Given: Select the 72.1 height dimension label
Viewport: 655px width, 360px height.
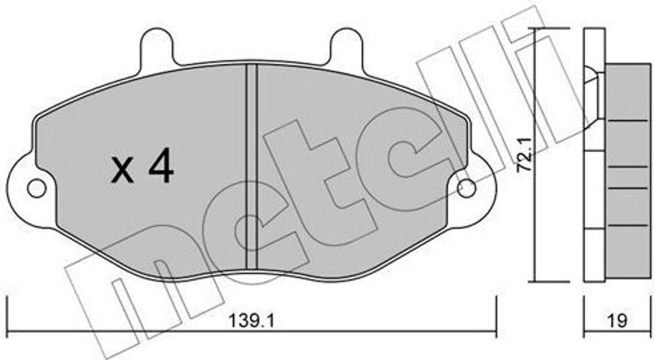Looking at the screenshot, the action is tap(525, 155).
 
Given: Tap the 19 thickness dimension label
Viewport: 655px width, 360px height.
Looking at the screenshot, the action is tap(617, 321).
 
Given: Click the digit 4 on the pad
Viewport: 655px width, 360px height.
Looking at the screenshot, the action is tap(161, 166).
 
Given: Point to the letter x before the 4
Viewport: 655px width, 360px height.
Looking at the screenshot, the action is tap(122, 171).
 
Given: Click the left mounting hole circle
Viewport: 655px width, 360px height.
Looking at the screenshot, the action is tap(36, 189).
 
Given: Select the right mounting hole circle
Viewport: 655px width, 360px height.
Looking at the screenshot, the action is tap(466, 189).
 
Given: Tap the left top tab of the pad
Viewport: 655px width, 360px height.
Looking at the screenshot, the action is tap(157, 46).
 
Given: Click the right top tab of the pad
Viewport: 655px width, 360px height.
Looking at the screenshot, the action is tap(345, 46).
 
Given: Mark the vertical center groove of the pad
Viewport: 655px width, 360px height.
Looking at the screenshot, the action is tap(251, 166).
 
